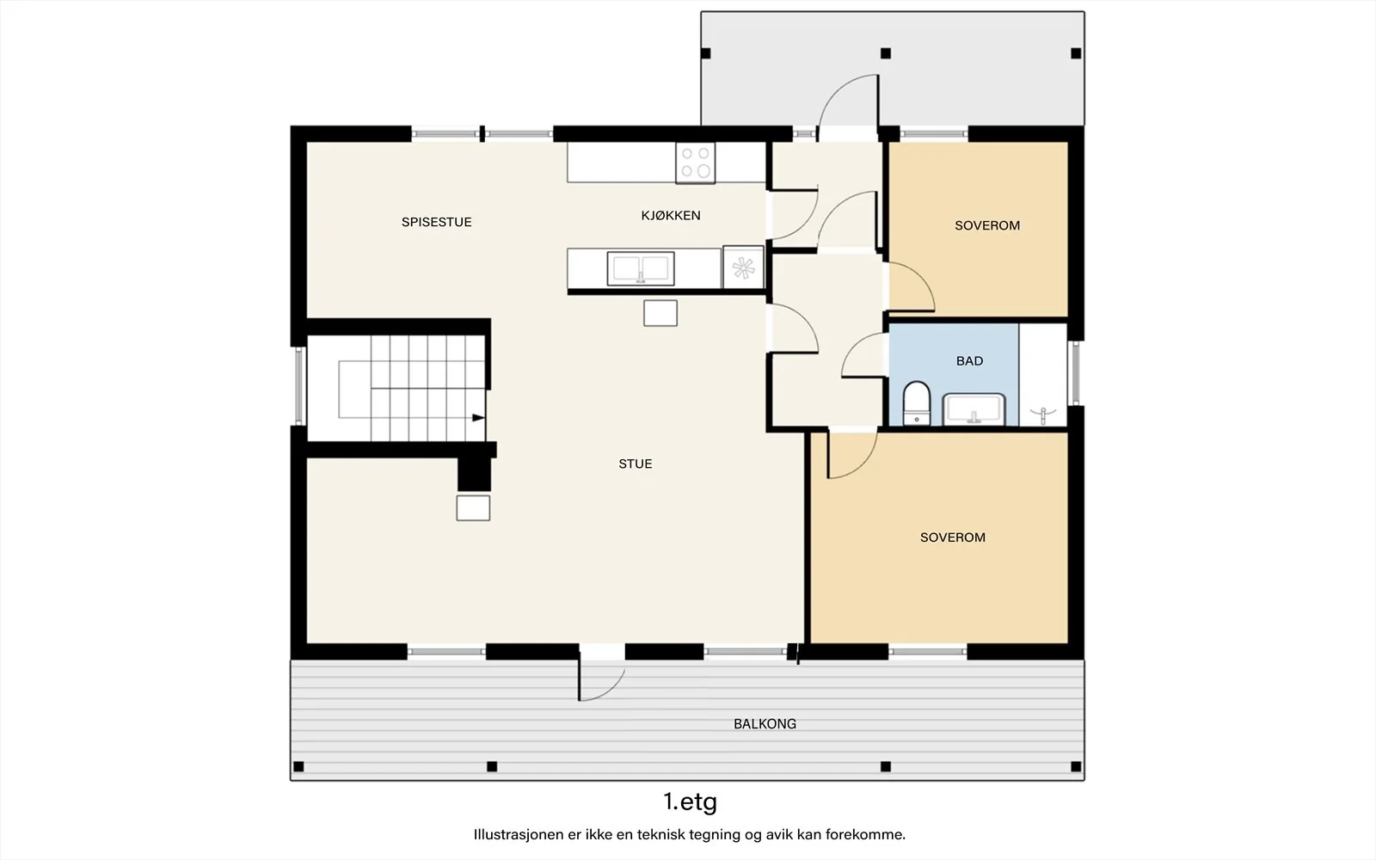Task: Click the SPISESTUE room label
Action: coord(437,223)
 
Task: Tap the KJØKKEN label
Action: coord(671,216)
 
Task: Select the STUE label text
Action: coord(636,464)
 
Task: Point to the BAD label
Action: coord(969,361)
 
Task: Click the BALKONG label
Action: coord(765,724)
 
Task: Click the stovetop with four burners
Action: coord(696,163)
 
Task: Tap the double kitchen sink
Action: coord(641,268)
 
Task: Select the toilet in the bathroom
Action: coord(917,403)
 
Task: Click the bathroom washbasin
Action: coord(974,409)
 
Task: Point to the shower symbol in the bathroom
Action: coord(1043,415)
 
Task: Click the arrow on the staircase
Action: coord(478,418)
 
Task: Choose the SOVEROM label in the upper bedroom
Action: coord(987,226)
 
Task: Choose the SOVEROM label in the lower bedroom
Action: coord(953,537)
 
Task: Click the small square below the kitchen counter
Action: coord(660,313)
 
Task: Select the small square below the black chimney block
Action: coord(473,508)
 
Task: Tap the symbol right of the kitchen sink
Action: coord(743,267)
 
